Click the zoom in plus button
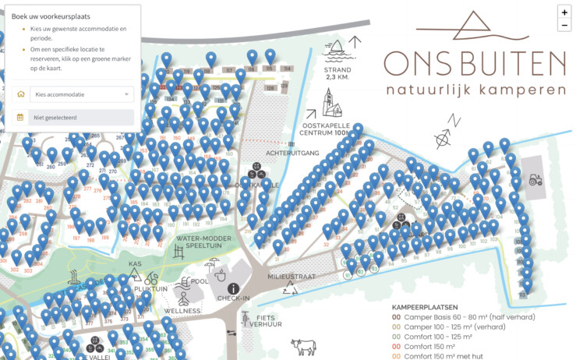coord(564,12)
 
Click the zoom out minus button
coord(564,25)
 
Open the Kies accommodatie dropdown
coord(75,94)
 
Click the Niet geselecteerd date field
coord(75,118)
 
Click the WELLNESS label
coord(182,311)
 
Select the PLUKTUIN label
coord(150,288)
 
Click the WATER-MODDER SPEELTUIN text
coord(201,243)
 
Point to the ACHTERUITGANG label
coord(293,154)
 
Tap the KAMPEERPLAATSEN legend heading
coord(430,307)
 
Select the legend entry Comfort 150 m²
coord(429,346)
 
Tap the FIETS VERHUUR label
coord(263,322)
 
